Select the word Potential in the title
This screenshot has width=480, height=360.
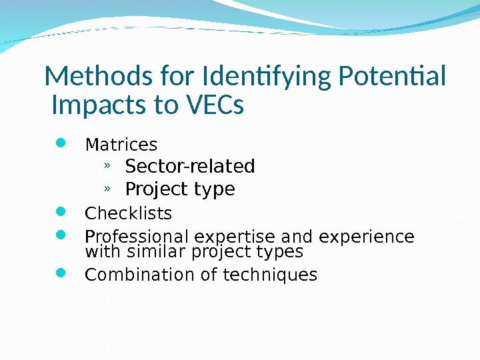[392, 77]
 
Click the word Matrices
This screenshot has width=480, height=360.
[121, 145]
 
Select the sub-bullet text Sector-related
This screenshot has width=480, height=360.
[190, 165]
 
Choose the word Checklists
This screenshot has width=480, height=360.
[129, 214]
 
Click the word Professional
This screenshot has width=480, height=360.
[136, 237]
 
